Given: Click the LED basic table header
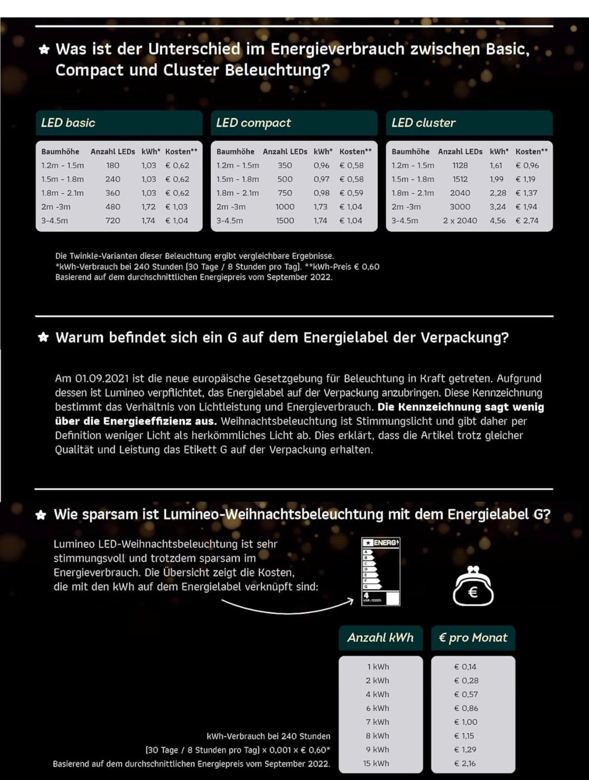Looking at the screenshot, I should coord(119,123).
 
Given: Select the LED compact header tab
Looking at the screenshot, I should coord(294,123).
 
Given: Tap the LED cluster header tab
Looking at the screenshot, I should coord(469,123).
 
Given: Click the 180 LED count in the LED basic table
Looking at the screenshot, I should coord(112,165).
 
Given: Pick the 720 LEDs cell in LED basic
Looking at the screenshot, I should coord(112,220).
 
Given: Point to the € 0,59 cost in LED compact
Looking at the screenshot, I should coord(351,193).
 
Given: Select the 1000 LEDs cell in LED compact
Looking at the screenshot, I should coord(285,207).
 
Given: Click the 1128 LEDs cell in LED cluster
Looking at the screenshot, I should coord(460,165).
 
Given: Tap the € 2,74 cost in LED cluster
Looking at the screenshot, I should coord(527,220).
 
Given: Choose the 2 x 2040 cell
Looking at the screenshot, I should coord(460,220).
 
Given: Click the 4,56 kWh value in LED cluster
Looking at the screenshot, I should coord(498,220).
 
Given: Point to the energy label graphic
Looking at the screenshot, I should coord(381,572).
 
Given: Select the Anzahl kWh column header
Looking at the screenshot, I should coord(381,638).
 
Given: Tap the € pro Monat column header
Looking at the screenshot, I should coord(473,638).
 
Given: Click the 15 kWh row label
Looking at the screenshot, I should coord(376,763).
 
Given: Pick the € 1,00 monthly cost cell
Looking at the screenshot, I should coord(465,722).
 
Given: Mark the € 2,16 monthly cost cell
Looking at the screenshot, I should coord(465,763).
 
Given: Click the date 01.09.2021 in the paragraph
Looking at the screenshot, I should coord(102,379).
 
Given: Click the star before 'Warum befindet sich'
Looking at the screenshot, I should coord(43,337).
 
